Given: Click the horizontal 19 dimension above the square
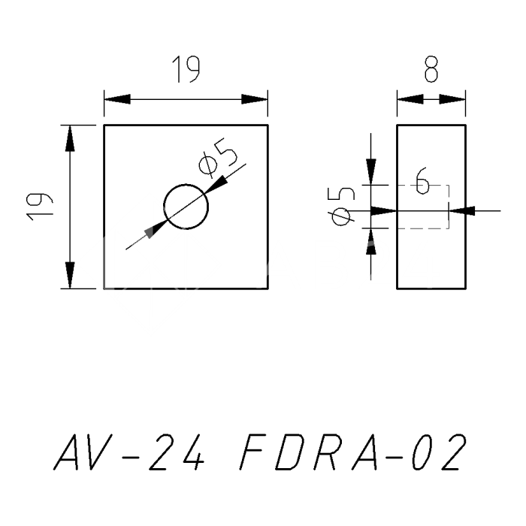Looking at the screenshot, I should point(185,71).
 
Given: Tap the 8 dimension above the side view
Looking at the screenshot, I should point(431,71).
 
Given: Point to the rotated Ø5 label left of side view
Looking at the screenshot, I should point(342,207).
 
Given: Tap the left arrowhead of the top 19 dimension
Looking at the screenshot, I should point(116,99).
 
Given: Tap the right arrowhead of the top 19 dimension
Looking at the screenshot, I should point(255,99).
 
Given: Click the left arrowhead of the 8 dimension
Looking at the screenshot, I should point(408,99).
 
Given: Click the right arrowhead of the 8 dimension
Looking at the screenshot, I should point(454,99).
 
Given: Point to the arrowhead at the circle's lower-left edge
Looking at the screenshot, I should point(157,227).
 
